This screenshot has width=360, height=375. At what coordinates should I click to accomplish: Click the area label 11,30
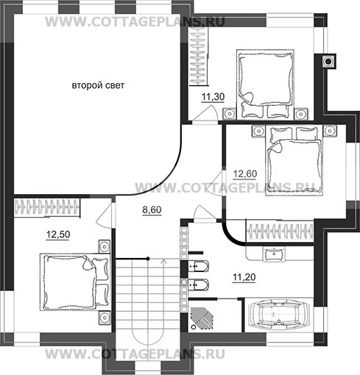pyautogui.click(x=213, y=97)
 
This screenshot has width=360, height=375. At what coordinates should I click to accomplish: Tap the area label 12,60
pyautogui.click(x=244, y=174)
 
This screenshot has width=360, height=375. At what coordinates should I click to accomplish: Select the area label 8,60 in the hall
pyautogui.click(x=152, y=210)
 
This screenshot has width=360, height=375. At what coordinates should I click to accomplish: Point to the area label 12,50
pyautogui.click(x=58, y=235)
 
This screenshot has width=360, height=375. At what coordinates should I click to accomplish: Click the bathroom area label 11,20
pyautogui.click(x=244, y=277)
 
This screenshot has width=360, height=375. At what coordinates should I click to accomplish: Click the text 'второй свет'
pyautogui.click(x=98, y=85)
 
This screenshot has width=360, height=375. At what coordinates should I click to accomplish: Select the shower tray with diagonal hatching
pyautogui.click(x=202, y=318)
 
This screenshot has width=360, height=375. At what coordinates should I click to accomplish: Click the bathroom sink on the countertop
pyautogui.click(x=274, y=254)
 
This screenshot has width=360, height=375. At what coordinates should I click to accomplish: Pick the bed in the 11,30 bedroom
pyautogui.click(x=265, y=85)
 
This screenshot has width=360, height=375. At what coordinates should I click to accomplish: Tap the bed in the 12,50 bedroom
pyautogui.click(x=75, y=282)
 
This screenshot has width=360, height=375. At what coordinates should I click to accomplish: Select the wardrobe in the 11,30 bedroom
pyautogui.click(x=199, y=57)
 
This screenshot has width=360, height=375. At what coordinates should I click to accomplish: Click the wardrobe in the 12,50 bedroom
pyautogui.click(x=47, y=208)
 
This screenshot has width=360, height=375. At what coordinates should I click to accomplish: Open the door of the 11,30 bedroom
pyautogui.click(x=205, y=113)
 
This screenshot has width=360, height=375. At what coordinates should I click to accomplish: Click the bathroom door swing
pyautogui.click(x=205, y=214)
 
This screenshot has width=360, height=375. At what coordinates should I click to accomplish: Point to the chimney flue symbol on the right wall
pyautogui.click(x=328, y=60)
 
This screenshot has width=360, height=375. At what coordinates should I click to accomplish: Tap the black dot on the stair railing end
pyautogui.click(x=148, y=259)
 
